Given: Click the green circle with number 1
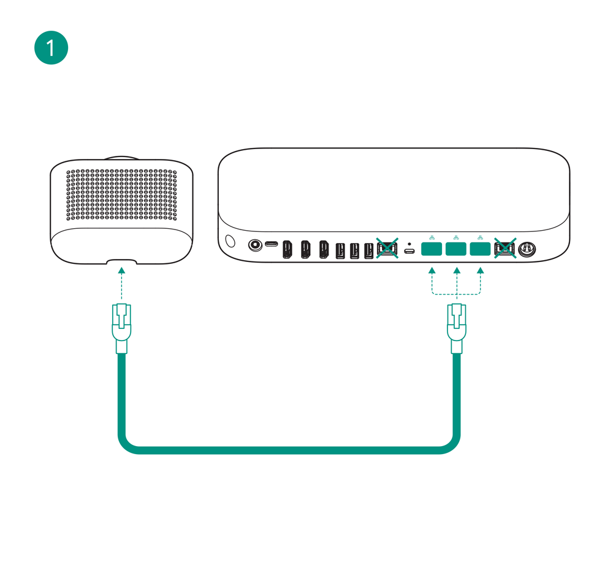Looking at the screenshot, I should click(51, 47).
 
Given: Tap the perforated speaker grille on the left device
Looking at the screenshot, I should click(121, 195).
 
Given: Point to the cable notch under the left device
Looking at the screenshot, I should click(121, 263).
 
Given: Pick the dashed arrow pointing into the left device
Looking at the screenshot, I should click(121, 282).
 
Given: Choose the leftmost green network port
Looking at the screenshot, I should click(432, 249).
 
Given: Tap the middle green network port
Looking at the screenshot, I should click(456, 249).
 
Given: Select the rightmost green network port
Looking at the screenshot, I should click(481, 249).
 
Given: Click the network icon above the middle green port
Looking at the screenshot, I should click(456, 237).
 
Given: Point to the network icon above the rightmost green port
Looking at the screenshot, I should click(480, 237).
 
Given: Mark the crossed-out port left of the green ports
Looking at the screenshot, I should click(387, 249).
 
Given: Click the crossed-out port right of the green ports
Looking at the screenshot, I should click(504, 249).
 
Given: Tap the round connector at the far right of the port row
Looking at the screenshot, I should click(525, 249).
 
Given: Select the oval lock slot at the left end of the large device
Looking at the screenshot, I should click(230, 240).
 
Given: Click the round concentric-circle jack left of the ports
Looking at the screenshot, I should click(254, 245).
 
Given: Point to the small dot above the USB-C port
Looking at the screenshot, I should click(409, 244).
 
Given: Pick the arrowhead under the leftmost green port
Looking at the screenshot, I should click(432, 270).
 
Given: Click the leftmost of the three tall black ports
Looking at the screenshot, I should click(287, 249).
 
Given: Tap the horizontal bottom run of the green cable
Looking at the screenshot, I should click(288, 450).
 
